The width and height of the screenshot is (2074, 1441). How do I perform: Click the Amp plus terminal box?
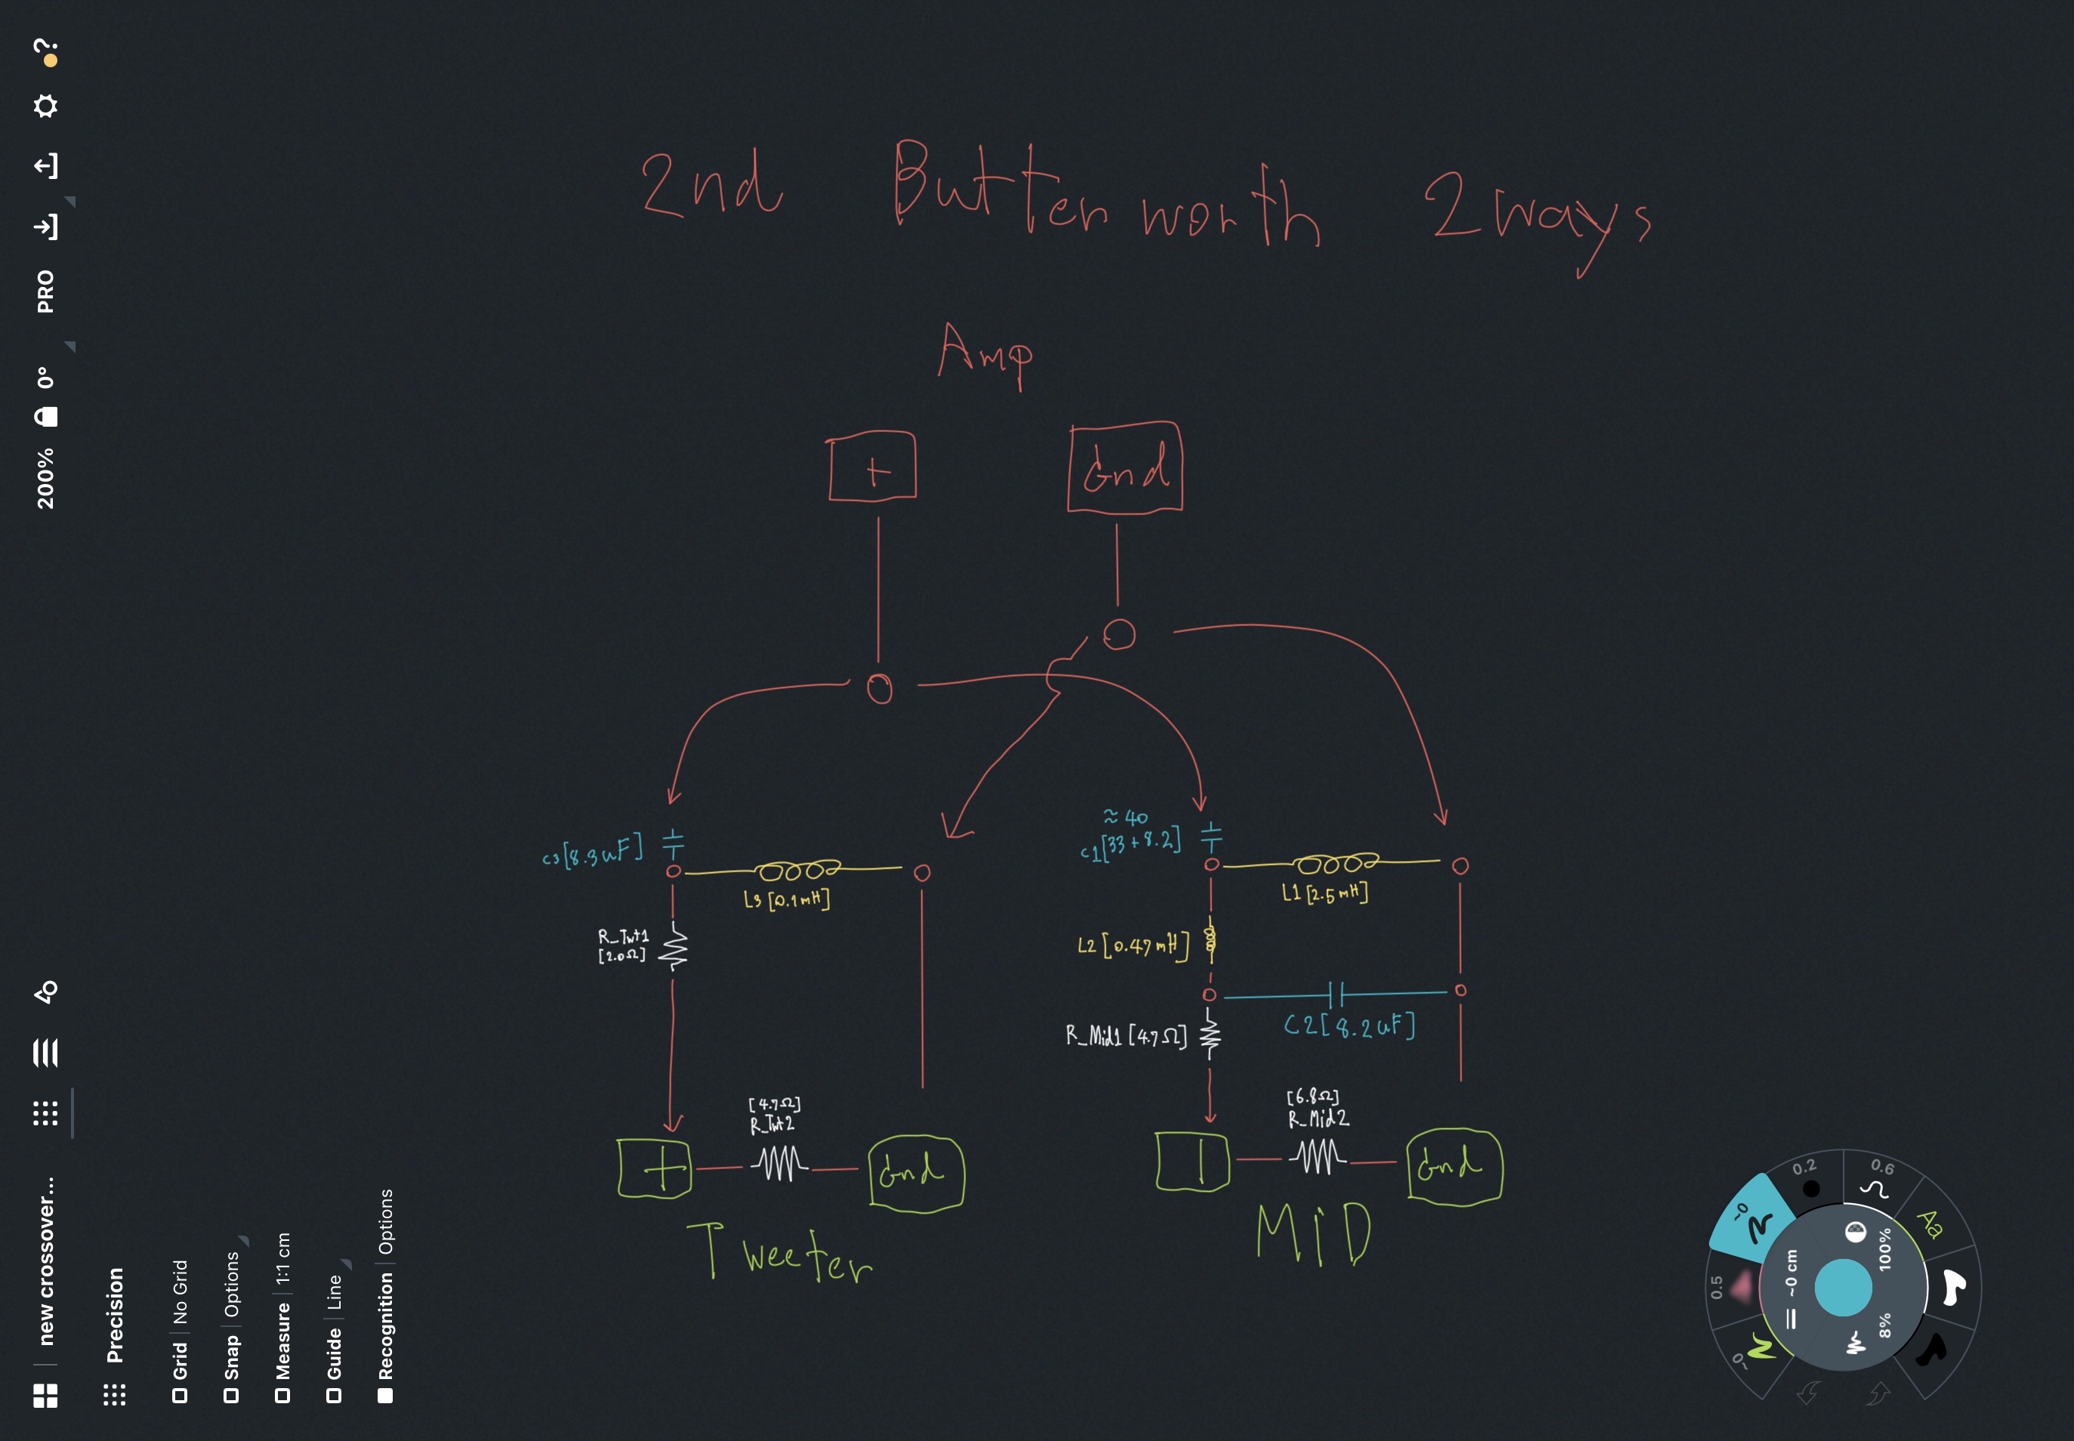tap(872, 467)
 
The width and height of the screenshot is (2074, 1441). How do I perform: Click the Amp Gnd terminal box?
tap(1125, 467)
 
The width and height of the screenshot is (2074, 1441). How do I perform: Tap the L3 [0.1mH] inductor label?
tap(786, 899)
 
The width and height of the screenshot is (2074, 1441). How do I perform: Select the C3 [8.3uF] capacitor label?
tap(592, 850)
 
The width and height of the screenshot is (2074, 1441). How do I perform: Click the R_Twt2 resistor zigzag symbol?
tap(778, 1163)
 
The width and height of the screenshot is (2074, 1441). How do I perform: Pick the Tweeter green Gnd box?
tap(915, 1171)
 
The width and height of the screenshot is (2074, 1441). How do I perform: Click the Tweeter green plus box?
tap(656, 1168)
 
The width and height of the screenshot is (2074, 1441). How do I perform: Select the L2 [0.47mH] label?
tap(1133, 946)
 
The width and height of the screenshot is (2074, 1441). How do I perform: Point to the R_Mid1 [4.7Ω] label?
tap(1126, 1035)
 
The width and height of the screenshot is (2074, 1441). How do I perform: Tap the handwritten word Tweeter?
tap(781, 1253)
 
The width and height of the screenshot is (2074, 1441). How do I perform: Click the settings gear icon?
tap(45, 106)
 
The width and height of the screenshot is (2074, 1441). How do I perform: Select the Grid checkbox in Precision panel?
tap(180, 1395)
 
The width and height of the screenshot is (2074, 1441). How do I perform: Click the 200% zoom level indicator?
tap(45, 479)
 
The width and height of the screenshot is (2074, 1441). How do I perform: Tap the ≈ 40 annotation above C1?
tap(1126, 817)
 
